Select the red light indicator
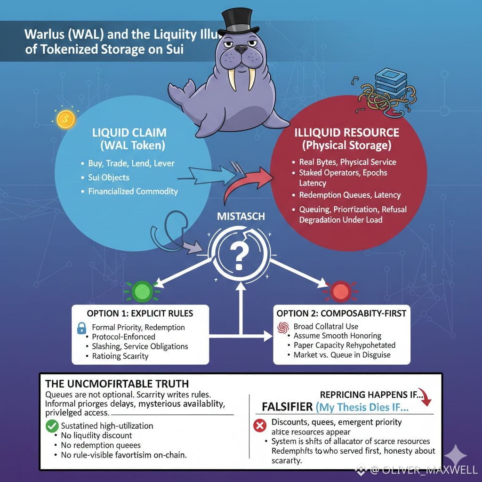click(x=339, y=291)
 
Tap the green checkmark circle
click(x=51, y=426)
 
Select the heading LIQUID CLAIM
click(x=129, y=132)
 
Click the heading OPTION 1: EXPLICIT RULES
click(x=140, y=313)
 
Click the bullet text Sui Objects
click(x=109, y=177)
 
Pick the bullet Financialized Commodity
click(x=133, y=192)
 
